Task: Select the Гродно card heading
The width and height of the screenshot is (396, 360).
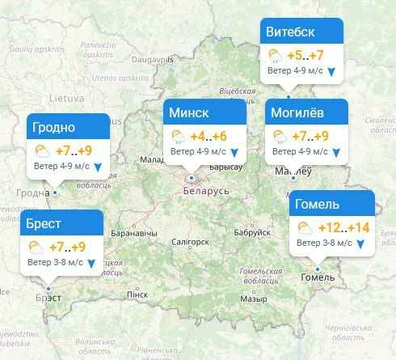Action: click(53, 128)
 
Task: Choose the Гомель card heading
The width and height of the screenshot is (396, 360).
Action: click(318, 203)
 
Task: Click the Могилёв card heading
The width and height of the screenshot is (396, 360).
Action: click(298, 112)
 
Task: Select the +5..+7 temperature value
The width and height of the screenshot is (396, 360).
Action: click(305, 55)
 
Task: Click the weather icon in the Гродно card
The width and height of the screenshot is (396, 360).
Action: click(41, 150)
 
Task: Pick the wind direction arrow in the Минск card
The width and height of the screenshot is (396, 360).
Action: click(234, 152)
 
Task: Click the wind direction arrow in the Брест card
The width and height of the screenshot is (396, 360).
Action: click(90, 264)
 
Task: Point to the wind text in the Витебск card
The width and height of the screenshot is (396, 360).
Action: click(295, 71)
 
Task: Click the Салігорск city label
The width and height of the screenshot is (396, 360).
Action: click(191, 241)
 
